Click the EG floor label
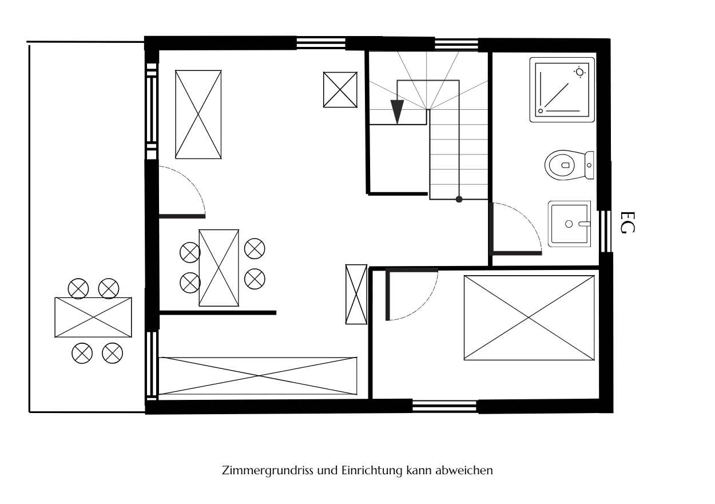(627, 223)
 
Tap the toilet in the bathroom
(569, 165)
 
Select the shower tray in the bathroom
(562, 90)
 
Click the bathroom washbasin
(570, 224)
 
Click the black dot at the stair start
(459, 200)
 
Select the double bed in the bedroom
(529, 318)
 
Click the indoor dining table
(219, 268)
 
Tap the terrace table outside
(93, 318)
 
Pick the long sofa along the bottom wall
(257, 376)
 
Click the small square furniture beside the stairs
(340, 90)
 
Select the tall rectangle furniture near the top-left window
(198, 114)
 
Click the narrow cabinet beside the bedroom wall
(356, 294)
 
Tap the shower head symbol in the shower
(579, 72)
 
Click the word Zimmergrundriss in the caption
(268, 470)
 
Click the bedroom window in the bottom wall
(444, 406)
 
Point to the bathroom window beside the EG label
(604, 231)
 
